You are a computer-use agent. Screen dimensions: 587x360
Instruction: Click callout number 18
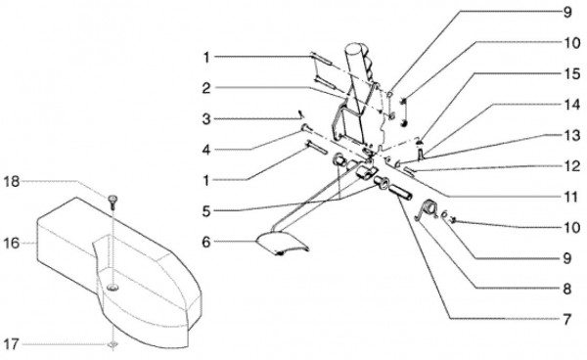11,182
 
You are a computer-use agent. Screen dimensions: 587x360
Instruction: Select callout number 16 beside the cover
11,244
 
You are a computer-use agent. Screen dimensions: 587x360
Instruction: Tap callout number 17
11,344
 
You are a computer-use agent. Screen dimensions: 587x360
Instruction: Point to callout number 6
206,243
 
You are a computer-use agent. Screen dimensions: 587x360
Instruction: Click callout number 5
206,211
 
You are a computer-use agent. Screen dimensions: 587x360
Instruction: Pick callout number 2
206,89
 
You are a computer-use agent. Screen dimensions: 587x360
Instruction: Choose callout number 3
206,119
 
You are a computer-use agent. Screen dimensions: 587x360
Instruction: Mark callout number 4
206,150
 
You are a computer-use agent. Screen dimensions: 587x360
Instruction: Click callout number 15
572,73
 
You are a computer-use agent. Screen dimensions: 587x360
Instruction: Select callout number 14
572,105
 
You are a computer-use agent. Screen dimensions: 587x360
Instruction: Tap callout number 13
572,135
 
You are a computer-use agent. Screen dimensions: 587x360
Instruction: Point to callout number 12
572,165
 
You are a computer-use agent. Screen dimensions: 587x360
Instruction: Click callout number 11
572,197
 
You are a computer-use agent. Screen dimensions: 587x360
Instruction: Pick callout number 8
567,289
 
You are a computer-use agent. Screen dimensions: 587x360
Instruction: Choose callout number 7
567,320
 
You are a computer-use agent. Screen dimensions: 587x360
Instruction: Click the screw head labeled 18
113,198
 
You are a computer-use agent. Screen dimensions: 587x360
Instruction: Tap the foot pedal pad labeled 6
282,246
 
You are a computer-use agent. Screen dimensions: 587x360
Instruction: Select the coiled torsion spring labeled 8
428,208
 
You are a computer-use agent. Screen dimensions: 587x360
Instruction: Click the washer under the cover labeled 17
113,344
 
